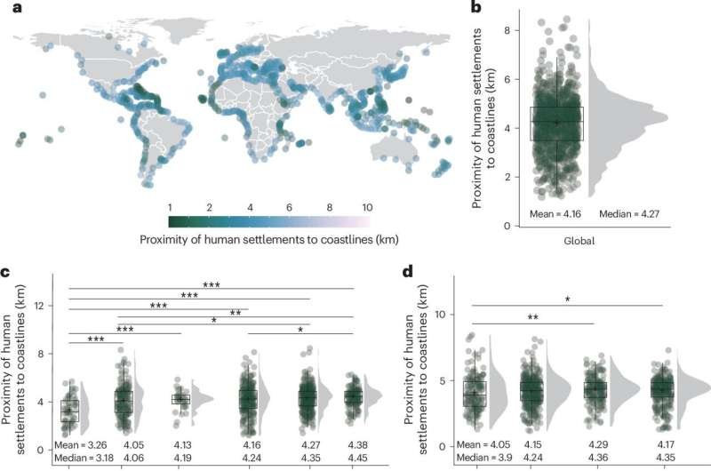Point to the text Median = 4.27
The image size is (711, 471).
click(x=629, y=214)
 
